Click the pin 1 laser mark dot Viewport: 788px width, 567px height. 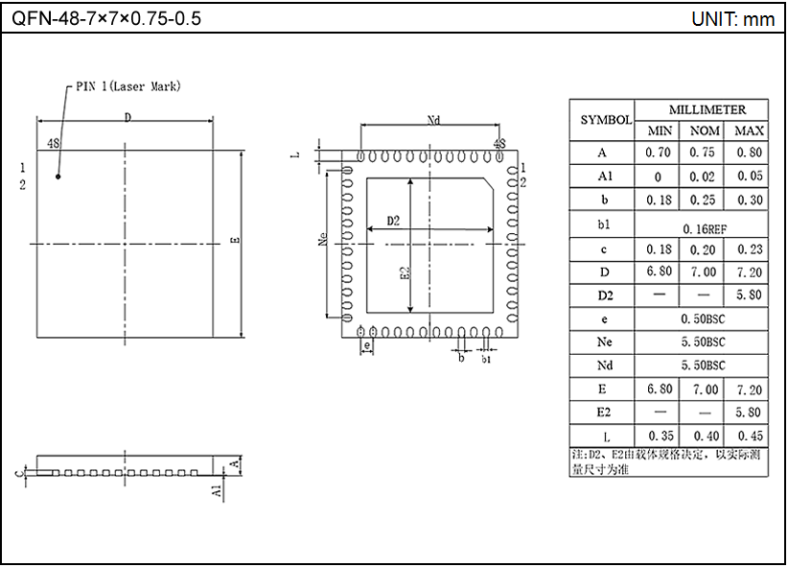58,177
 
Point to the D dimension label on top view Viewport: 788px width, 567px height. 127,117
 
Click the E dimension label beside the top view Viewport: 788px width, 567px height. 234,242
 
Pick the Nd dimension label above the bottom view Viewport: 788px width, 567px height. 432,120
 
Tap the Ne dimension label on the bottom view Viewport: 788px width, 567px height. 323,240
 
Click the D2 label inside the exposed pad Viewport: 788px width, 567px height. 393,222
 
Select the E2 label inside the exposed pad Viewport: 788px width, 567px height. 405,273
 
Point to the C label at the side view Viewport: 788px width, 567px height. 19,472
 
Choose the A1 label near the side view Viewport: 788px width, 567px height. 218,490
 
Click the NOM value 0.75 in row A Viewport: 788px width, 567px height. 705,153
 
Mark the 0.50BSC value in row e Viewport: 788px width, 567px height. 705,318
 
